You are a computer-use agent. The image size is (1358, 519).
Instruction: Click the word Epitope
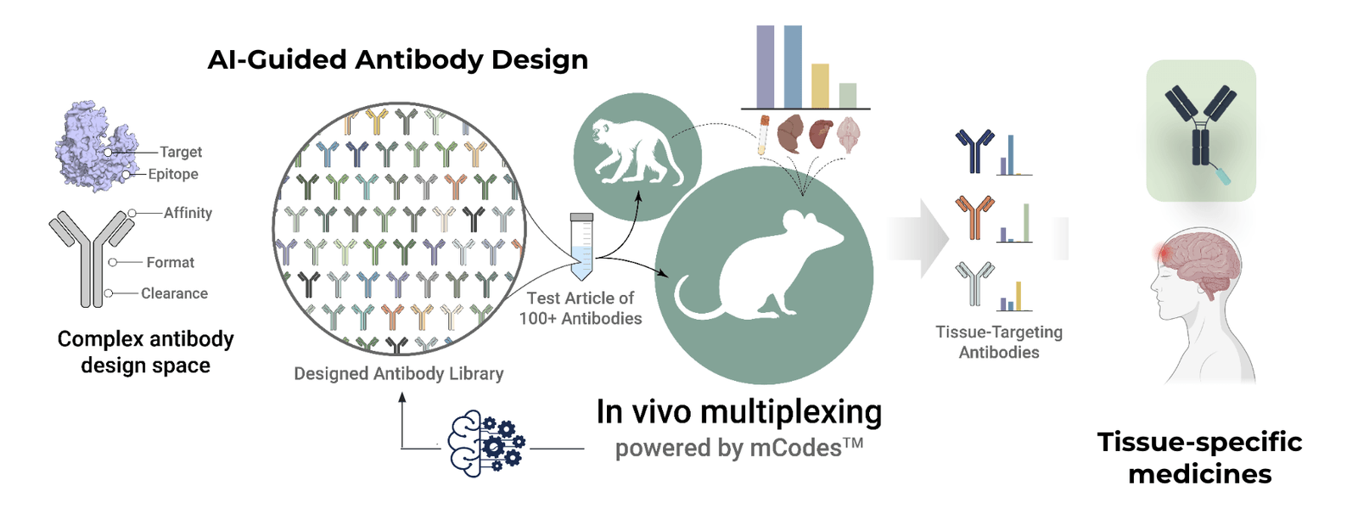tap(173, 174)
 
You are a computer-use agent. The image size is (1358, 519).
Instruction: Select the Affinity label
tap(188, 213)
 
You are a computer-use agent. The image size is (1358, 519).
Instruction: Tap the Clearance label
tap(174, 293)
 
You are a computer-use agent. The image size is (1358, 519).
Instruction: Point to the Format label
tap(170, 263)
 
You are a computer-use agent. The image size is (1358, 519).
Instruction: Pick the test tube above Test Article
tap(581, 246)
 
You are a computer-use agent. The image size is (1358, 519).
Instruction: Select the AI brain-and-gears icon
tap(486, 444)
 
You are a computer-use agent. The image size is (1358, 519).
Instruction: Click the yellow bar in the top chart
tap(820, 86)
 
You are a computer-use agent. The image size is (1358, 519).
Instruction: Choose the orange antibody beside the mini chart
tap(974, 216)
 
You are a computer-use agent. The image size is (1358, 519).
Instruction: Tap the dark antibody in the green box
tap(1200, 127)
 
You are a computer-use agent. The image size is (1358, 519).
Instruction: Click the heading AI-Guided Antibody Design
tap(397, 60)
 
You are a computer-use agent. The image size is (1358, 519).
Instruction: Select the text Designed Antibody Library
tap(398, 374)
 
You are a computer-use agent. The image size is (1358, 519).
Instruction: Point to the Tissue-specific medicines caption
tap(1199, 458)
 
